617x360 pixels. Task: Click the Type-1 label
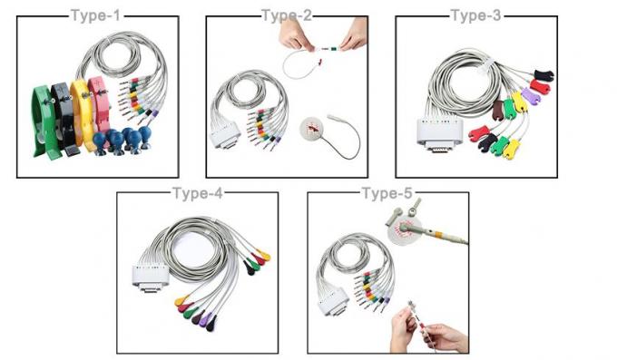95,15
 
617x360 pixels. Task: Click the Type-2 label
287,15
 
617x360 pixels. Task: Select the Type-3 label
475,15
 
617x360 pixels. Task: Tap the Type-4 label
198,193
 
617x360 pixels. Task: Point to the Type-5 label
387,193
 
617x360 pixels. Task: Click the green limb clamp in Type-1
44,122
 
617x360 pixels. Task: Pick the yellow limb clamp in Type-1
82,114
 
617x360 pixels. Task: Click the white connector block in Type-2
225,135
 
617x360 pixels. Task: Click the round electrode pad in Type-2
313,128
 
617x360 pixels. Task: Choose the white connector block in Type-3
439,134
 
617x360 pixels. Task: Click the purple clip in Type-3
530,96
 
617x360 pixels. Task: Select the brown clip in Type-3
498,110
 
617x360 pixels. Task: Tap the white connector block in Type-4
151,278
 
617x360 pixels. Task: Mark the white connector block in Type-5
333,302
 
